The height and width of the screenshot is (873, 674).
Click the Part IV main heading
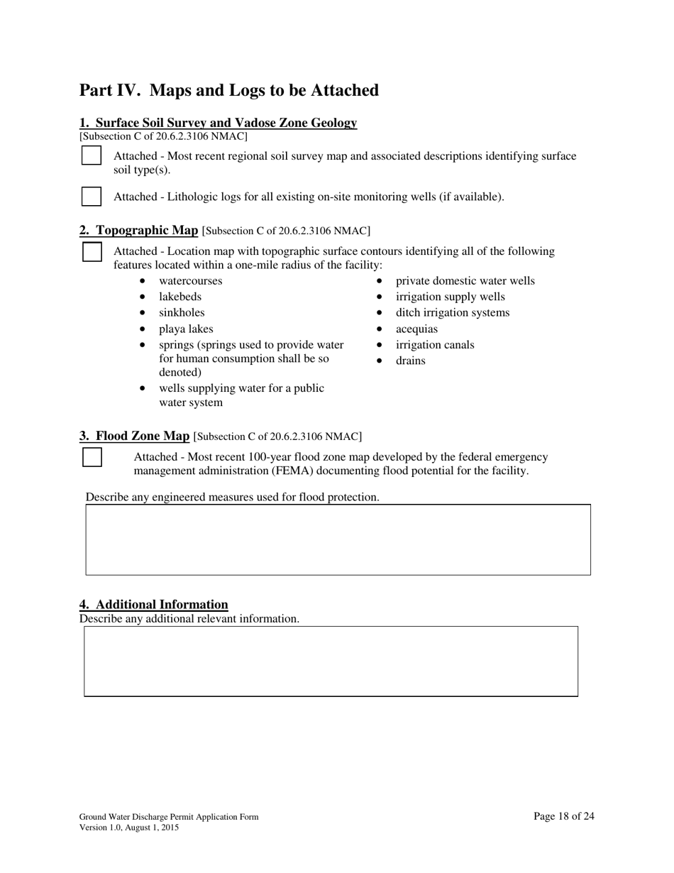coord(228,91)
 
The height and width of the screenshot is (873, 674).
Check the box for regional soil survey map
coord(92,155)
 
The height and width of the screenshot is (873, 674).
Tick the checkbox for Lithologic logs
coord(92,197)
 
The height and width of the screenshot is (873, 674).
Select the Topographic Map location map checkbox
coord(92,252)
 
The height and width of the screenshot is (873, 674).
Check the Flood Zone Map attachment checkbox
coord(92,457)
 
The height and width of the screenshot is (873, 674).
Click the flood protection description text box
coord(338,539)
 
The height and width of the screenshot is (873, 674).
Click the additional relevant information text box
coord(331,661)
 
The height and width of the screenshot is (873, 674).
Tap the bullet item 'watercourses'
coord(190,281)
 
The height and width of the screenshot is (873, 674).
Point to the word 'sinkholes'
coord(182,313)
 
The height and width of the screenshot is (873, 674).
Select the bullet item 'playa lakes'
coord(186,329)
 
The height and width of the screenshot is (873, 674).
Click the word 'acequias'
coord(416,329)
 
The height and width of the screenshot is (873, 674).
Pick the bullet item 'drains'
coord(410,361)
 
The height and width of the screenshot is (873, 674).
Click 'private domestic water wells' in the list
coord(465,281)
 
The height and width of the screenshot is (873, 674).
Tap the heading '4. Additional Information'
coord(154,605)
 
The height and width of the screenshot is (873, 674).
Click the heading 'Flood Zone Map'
coord(142,436)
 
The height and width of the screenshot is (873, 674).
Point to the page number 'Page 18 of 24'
coord(563,816)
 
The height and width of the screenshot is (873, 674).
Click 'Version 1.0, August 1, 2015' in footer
coord(128,828)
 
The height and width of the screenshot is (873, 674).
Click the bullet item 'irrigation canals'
coord(434,345)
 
